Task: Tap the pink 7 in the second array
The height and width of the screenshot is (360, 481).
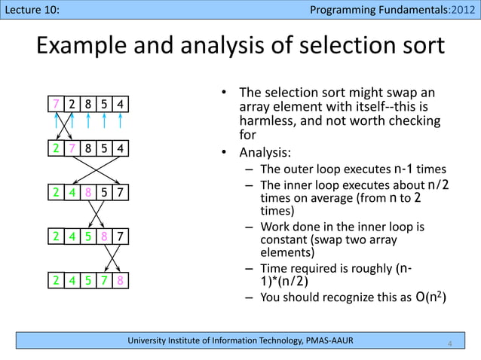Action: [x=72, y=148]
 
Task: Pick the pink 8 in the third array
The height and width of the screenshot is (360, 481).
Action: [x=88, y=193]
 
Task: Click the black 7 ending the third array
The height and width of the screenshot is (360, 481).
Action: [x=121, y=193]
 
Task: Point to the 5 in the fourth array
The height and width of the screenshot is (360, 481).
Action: [x=88, y=237]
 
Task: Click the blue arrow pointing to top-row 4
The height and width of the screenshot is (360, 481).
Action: [x=121, y=121]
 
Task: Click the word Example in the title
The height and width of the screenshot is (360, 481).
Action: [x=84, y=47]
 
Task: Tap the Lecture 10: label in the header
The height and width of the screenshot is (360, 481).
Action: [x=31, y=9]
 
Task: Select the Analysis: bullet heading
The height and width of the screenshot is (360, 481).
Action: [x=265, y=151]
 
